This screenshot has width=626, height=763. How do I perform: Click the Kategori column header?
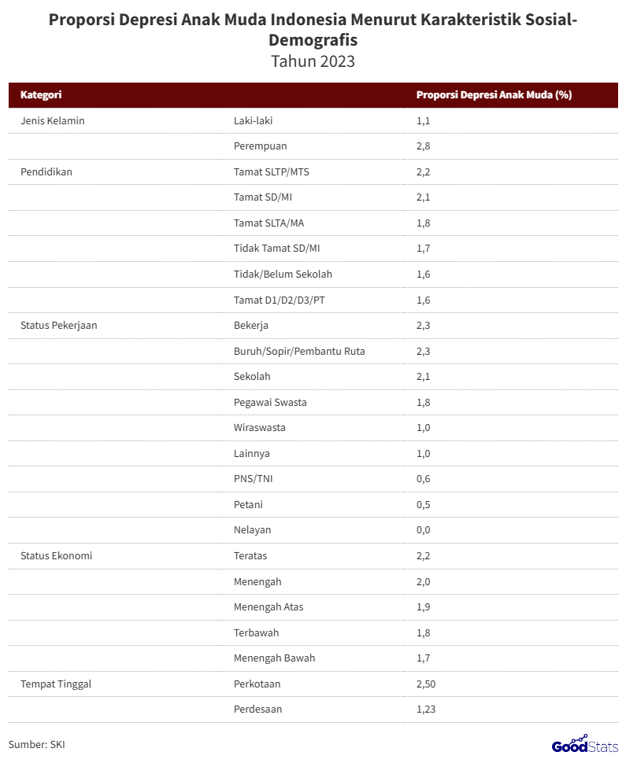pyautogui.click(x=41, y=95)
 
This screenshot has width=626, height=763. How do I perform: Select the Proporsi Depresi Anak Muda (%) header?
pyautogui.click(x=494, y=95)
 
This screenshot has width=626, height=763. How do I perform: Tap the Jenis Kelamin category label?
pyautogui.click(x=52, y=120)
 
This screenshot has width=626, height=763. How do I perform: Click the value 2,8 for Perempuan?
pyautogui.click(x=424, y=146)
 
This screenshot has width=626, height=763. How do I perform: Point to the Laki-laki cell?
pyautogui.click(x=254, y=120)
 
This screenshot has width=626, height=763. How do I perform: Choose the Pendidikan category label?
pyautogui.click(x=46, y=171)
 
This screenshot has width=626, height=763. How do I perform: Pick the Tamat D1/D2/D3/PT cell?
pyautogui.click(x=279, y=300)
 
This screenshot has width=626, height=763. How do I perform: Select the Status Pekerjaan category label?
pyautogui.click(x=58, y=325)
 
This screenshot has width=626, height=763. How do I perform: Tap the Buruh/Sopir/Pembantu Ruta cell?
pyautogui.click(x=299, y=351)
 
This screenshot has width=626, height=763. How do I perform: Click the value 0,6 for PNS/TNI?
pyautogui.click(x=424, y=479)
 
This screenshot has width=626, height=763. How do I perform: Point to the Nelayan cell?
pyautogui.click(x=252, y=530)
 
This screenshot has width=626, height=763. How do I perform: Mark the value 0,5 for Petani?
pyautogui.click(x=424, y=504)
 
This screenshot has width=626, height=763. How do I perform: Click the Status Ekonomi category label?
pyautogui.click(x=56, y=555)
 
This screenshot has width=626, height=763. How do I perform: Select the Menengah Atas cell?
pyautogui.click(x=269, y=606)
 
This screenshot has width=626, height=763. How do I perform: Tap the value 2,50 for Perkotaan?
pyautogui.click(x=426, y=684)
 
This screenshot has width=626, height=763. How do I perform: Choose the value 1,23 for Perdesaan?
pyautogui.click(x=426, y=710)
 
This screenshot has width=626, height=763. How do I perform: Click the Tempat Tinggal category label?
pyautogui.click(x=56, y=684)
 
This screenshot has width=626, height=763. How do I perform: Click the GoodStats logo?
pyautogui.click(x=584, y=743)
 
